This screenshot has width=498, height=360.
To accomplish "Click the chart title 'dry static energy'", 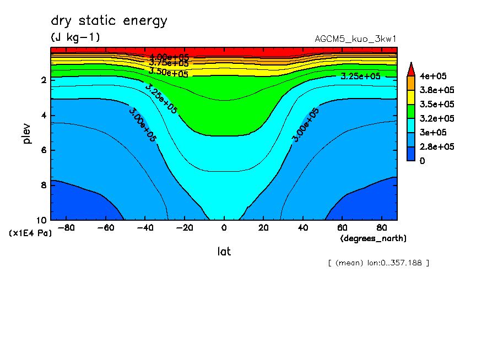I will pos(109,21).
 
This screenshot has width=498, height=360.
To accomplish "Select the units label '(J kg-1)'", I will pos(75,37).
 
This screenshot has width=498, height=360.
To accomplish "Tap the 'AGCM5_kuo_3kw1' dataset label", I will pos(355,39).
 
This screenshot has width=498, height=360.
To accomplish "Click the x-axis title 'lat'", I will pos(224,252).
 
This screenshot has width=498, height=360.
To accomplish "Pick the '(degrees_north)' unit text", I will pos(373,238).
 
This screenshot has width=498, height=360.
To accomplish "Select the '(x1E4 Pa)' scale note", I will pos(30,233).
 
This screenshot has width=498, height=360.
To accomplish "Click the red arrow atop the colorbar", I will pos(410,69).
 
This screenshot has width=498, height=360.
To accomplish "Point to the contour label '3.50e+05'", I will pos(169,72).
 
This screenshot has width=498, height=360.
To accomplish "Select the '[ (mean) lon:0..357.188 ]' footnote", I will pos(378,263).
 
